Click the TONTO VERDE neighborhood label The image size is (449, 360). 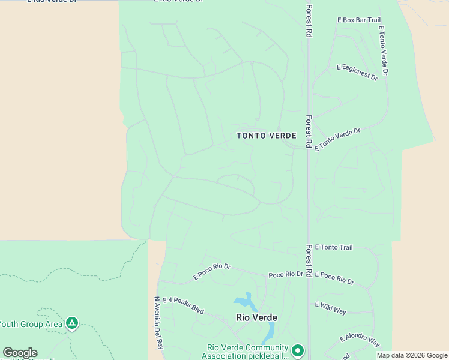266,136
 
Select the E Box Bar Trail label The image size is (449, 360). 359,20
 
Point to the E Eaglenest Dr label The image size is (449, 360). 357,72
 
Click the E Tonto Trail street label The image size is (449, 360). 333,247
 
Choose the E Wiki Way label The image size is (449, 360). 331,308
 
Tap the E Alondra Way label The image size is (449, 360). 360,341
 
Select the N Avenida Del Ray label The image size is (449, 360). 158,323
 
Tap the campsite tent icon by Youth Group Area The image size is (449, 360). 72,324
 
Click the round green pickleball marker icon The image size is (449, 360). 298,350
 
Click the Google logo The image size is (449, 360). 20,353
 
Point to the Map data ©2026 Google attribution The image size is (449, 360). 412,355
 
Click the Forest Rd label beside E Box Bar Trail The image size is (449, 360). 309,21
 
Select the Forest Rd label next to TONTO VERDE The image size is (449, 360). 309,131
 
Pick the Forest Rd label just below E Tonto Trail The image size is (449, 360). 309,260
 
